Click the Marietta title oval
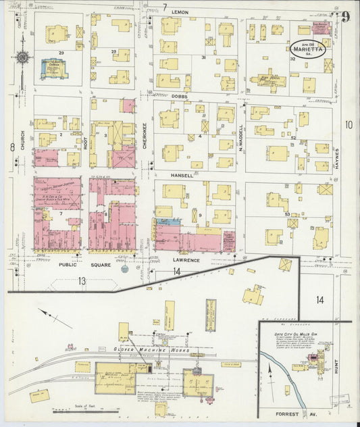(309, 49)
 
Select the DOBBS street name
(180, 96)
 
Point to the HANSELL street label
(182, 174)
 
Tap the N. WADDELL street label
(240, 137)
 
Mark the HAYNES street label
(335, 150)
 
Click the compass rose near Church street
(22, 58)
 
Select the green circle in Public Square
(124, 269)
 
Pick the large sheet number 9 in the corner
(345, 17)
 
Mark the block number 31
(203, 58)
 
